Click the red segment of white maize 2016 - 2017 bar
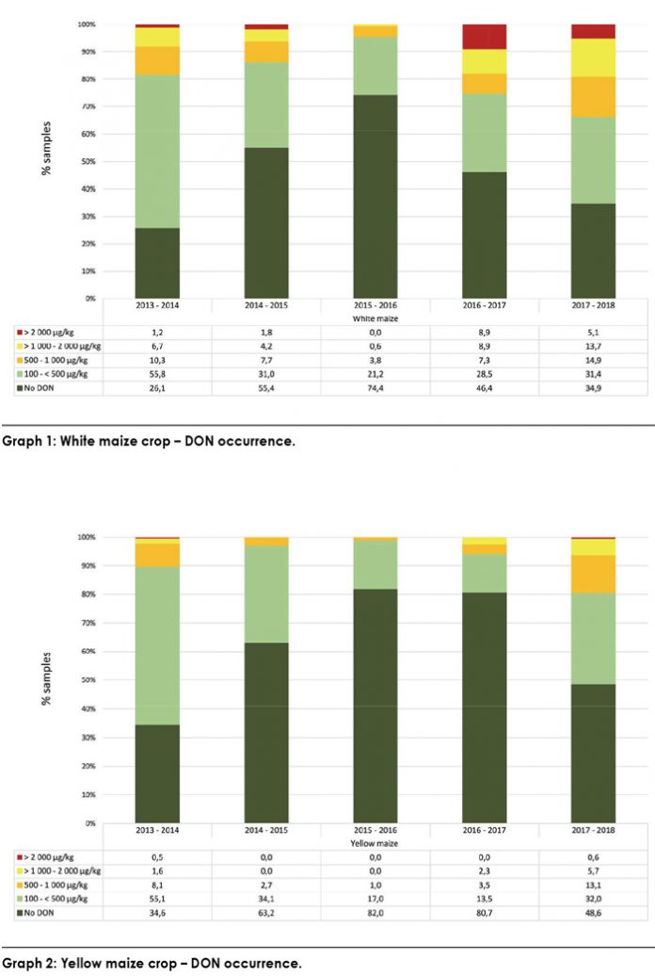click(484, 37)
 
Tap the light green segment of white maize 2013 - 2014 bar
click(157, 151)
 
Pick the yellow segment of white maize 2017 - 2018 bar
click(593, 57)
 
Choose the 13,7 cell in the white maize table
click(593, 347)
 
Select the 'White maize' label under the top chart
click(375, 319)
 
